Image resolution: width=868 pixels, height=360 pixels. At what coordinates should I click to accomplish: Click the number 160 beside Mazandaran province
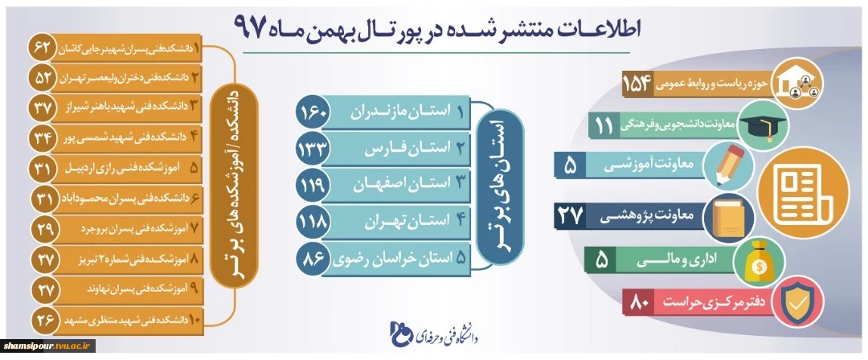point(315,112)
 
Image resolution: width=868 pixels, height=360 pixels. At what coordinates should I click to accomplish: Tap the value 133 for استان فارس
point(315,149)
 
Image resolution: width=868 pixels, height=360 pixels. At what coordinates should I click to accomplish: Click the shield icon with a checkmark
point(797,301)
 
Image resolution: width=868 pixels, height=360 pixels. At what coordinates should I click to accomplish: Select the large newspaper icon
point(801,192)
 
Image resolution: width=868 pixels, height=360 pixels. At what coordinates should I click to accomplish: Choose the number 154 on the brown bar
point(639,84)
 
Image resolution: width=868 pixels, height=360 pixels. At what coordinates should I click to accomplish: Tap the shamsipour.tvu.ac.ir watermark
point(48,346)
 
